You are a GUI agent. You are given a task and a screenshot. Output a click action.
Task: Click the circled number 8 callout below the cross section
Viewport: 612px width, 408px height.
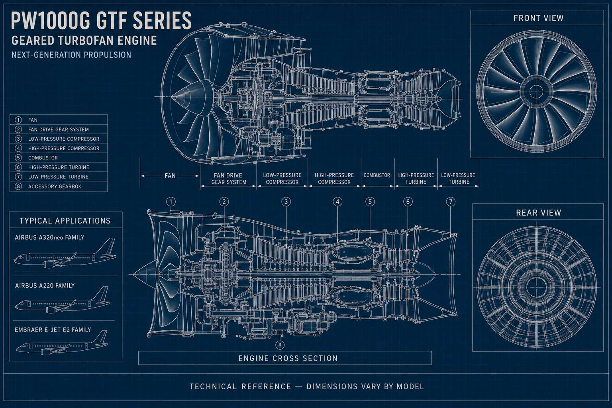(279, 345)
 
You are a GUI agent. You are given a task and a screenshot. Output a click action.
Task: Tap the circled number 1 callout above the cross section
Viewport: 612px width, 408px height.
(171, 202)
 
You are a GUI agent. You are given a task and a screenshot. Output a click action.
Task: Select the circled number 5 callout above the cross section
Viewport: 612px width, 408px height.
(370, 202)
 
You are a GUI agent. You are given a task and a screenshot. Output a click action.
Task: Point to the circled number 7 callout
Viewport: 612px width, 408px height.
(451, 202)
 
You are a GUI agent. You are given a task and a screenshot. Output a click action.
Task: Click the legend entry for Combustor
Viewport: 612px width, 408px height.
(59, 158)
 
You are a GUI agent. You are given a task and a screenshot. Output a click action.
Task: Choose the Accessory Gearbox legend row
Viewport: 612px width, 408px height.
(59, 186)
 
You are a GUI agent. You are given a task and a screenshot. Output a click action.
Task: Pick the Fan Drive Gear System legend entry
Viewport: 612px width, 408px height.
(59, 129)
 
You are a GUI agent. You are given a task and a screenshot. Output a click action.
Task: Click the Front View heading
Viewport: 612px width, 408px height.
(538, 18)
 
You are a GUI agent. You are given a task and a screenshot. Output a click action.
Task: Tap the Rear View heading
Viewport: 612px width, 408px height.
(538, 213)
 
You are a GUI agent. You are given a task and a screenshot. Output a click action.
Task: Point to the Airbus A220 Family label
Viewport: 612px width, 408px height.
(45, 286)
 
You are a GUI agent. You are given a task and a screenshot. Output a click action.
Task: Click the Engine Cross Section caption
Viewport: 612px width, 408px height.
(288, 358)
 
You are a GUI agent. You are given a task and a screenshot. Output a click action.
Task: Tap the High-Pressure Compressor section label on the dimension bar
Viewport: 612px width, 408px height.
(334, 178)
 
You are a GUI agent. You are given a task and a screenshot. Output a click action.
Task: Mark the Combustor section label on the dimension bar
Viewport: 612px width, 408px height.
(377, 175)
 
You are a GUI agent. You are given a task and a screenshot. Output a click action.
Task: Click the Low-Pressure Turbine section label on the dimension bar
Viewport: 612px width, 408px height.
(458, 178)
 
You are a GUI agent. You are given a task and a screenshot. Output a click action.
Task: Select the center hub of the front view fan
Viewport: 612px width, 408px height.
(536, 92)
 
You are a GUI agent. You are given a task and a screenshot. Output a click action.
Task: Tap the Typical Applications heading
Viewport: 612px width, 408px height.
(65, 221)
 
